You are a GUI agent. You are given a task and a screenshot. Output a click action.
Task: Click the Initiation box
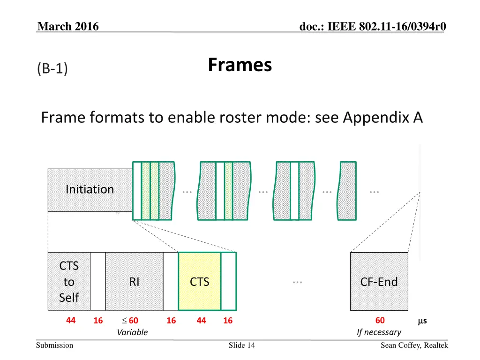[x=90, y=190]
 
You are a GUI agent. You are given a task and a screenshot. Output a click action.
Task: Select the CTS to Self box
[x=69, y=281]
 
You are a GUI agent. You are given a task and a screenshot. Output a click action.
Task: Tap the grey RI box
[x=134, y=281]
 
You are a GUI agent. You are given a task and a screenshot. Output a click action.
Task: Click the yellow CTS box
[x=199, y=281]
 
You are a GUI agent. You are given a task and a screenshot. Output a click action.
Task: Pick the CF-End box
[x=379, y=281]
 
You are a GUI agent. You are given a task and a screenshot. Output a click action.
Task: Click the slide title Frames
[x=240, y=65]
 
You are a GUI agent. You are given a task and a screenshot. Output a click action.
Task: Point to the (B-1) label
[x=52, y=69]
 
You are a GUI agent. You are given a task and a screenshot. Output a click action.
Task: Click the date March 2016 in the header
[x=68, y=27]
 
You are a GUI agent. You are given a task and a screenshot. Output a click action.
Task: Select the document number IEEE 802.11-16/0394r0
[x=373, y=27]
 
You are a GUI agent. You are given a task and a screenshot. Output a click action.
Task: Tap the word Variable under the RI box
[x=132, y=332]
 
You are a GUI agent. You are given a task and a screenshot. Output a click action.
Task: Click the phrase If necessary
[x=379, y=332]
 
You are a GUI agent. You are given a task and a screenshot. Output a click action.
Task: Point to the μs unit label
[x=422, y=321]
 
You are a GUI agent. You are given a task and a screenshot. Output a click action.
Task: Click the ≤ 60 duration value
[x=130, y=321]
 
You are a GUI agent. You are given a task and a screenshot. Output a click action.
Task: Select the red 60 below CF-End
[x=380, y=321]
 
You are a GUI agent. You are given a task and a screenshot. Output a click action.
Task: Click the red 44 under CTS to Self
[x=71, y=321]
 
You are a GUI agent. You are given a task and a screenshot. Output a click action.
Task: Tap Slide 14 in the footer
[x=242, y=345]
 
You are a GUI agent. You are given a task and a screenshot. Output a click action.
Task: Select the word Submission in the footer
[x=55, y=345]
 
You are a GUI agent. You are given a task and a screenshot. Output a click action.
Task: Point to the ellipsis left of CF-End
[x=296, y=282]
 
